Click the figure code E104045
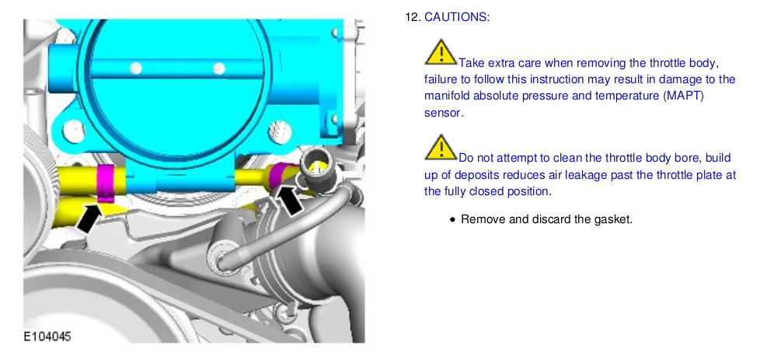(x=47, y=336)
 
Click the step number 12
(x=413, y=17)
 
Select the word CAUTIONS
(x=457, y=17)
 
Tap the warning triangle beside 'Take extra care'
(x=441, y=52)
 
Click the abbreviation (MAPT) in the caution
(x=682, y=96)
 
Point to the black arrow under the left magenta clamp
(x=89, y=218)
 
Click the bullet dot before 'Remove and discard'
(x=452, y=220)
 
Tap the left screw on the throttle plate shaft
(x=136, y=68)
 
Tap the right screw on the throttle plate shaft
(x=219, y=68)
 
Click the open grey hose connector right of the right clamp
(x=317, y=171)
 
